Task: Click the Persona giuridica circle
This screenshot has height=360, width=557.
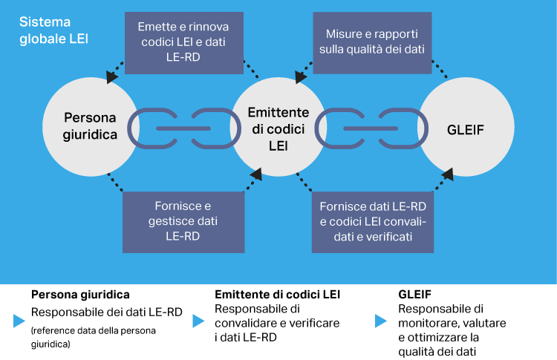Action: pos(90,127)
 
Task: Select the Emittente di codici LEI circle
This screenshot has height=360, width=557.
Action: pos(278,127)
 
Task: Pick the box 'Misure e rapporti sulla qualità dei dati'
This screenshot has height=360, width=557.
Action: pos(371,42)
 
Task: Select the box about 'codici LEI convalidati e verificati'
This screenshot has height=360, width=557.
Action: pos(371,220)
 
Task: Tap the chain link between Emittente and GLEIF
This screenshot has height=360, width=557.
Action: pos(371,128)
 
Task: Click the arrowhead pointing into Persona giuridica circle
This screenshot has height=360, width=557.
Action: pos(112,76)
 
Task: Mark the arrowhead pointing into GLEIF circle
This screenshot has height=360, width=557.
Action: pos(449,175)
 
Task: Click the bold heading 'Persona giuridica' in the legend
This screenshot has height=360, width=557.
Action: pos(81,294)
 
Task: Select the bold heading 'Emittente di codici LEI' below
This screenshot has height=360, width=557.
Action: pos(277,294)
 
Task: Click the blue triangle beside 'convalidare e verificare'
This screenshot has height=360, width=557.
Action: pos(198,321)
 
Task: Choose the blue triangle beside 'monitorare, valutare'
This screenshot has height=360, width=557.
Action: pos(380,321)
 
